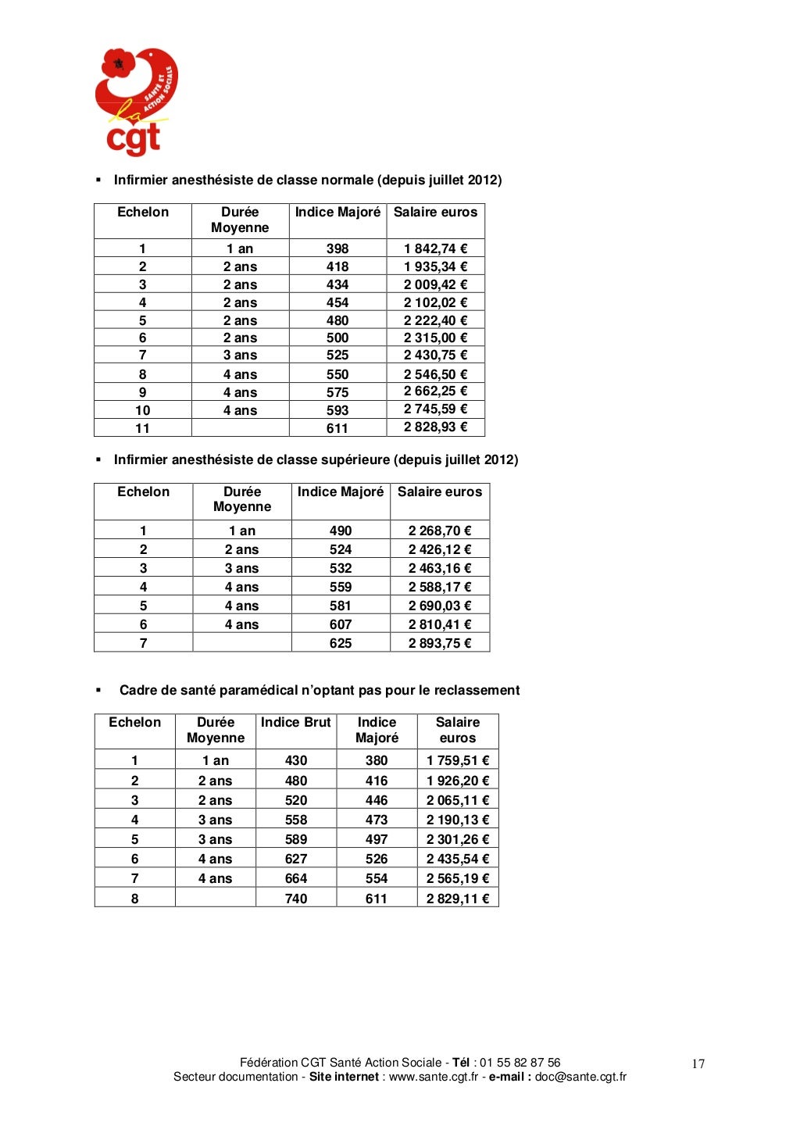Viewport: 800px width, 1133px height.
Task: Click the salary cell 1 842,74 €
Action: point(435,248)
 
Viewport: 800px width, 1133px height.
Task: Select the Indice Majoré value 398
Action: point(337,248)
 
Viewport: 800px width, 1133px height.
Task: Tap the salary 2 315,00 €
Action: point(435,338)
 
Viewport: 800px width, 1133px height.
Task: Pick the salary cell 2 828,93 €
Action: point(435,427)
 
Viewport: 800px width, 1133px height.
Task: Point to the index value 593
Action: point(337,410)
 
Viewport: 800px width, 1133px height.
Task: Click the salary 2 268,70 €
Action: point(440,531)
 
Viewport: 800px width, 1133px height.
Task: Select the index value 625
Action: point(341,643)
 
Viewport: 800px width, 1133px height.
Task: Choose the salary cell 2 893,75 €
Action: point(440,643)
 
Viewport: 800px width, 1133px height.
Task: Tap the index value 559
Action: point(341,587)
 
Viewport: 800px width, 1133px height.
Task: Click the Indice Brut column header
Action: point(296,723)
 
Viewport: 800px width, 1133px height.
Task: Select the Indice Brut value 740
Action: point(296,899)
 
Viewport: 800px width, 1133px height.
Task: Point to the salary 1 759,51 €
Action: point(458,760)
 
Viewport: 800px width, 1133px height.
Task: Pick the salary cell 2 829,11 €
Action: point(458,899)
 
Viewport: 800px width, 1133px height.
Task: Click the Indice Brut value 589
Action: point(296,839)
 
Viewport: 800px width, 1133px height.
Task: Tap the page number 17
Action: point(698,1063)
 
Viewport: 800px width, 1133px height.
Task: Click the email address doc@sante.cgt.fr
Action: point(580,1077)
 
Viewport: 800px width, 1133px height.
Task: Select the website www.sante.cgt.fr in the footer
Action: point(434,1077)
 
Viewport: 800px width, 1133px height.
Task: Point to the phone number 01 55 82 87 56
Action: point(520,1063)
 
